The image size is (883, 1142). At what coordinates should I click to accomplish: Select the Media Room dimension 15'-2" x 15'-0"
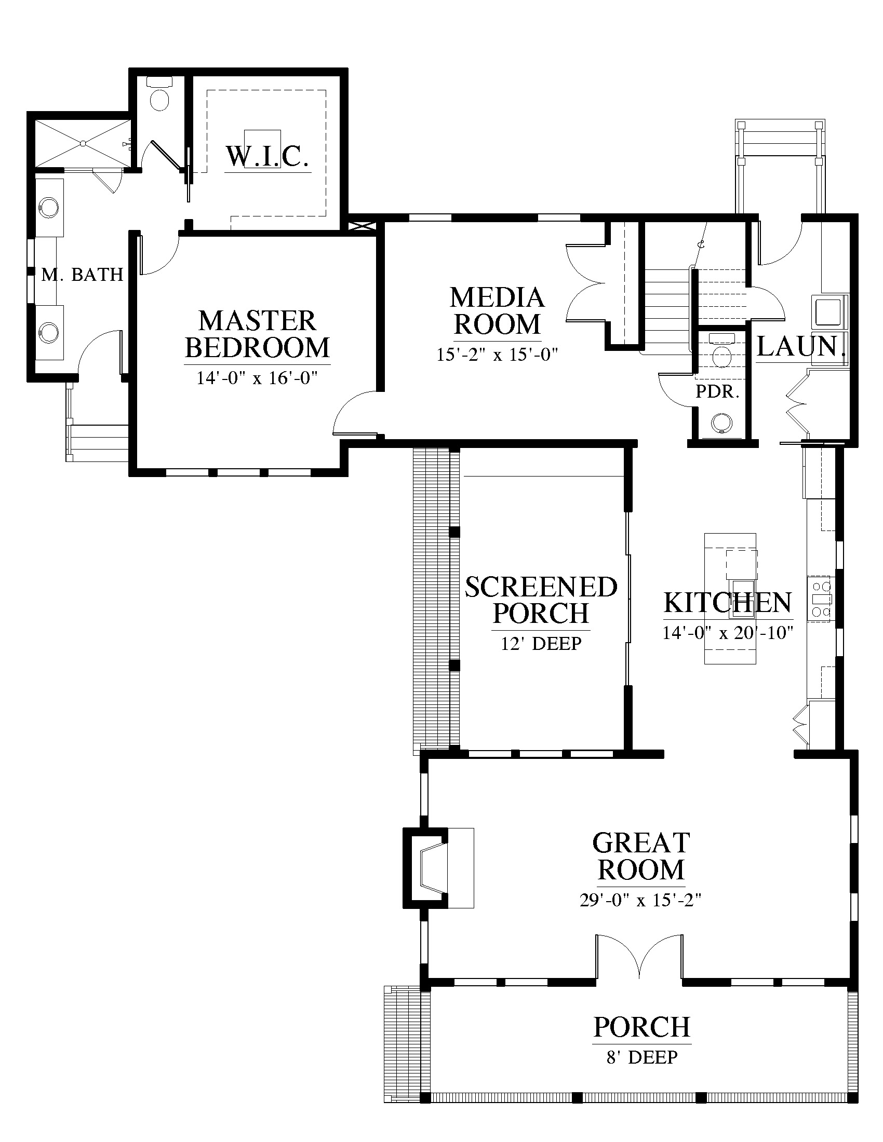[x=498, y=355]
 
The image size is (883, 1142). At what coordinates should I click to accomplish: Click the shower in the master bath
[x=83, y=143]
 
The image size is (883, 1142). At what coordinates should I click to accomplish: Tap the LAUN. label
[x=801, y=346]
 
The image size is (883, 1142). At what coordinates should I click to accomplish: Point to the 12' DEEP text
[x=541, y=643]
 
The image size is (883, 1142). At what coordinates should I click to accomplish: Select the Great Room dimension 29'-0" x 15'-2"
[x=640, y=900]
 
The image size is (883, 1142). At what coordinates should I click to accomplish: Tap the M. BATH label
[x=82, y=274]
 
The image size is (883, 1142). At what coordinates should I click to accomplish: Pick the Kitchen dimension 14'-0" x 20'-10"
[x=728, y=633]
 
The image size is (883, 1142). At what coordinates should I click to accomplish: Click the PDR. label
[x=717, y=391]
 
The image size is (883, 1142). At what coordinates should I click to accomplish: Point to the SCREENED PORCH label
[x=541, y=600]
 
